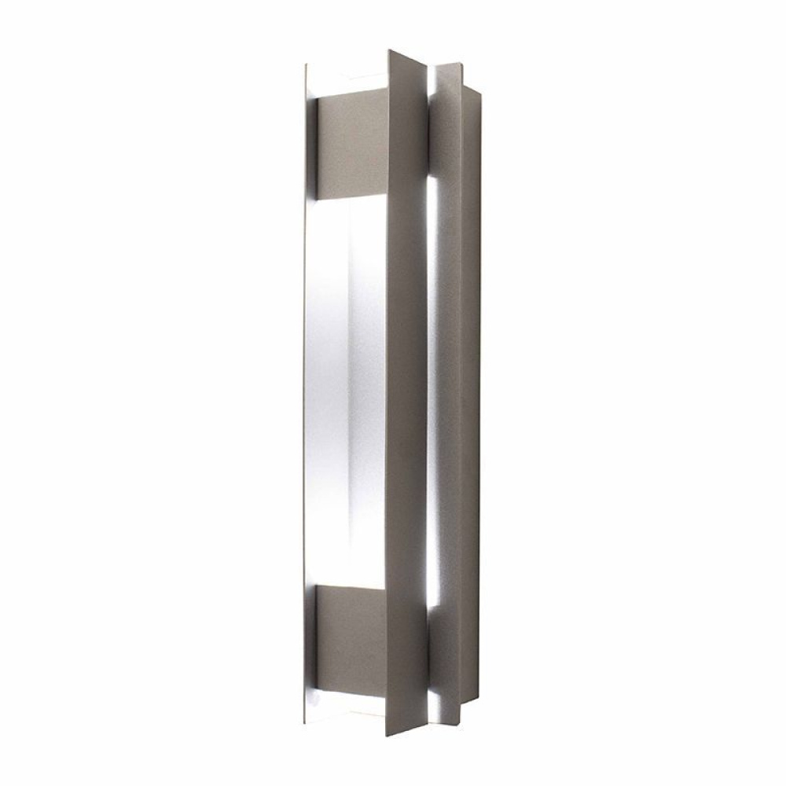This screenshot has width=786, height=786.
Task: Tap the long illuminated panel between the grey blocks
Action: click(x=346, y=393)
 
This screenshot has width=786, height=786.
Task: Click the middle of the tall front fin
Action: click(x=407, y=393)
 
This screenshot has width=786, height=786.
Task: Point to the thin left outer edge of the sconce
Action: click(x=303, y=393)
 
